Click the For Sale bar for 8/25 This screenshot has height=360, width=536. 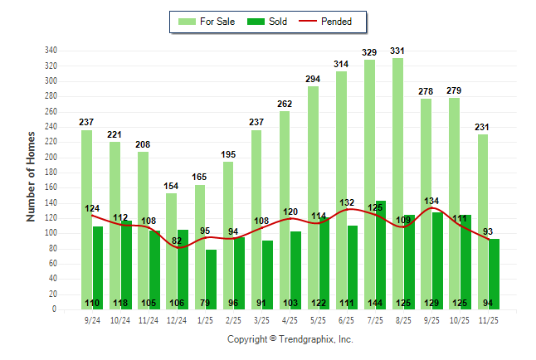point(398,182)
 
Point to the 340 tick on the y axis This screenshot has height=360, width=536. point(51,51)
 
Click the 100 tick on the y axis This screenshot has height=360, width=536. point(51,233)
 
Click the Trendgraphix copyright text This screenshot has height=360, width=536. point(290,339)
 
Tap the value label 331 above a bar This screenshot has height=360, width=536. point(397,51)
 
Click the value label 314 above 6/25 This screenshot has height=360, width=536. point(341,64)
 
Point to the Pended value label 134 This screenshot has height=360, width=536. point(431,201)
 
